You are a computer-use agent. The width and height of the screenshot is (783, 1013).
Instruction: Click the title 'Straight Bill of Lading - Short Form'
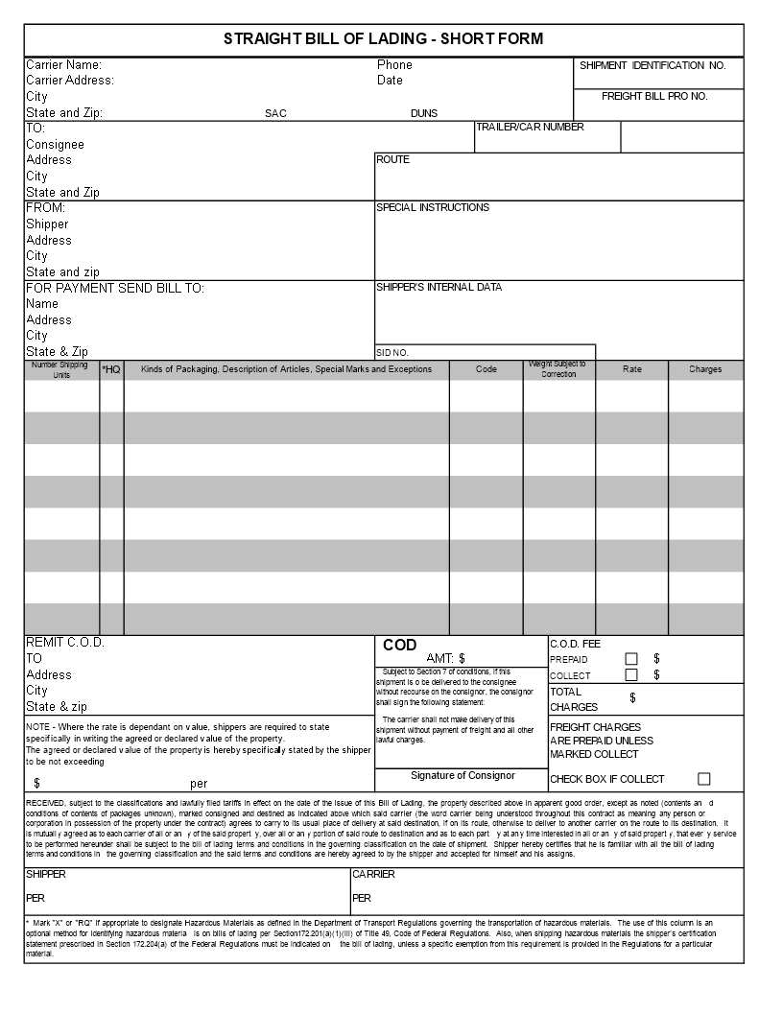point(384,39)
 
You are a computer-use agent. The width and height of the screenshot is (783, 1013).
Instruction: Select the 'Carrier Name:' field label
point(63,65)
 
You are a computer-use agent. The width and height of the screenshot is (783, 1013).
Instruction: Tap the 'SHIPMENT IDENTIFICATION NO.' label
point(652,65)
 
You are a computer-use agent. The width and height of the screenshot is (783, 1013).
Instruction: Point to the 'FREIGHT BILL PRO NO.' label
point(654,97)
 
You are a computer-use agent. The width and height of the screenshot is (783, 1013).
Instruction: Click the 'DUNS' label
point(424,113)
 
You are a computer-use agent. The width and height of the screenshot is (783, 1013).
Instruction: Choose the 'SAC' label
point(275,113)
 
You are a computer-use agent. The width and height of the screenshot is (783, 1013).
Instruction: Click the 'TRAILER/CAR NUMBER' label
point(530,128)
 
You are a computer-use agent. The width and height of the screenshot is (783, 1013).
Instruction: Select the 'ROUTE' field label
point(392,159)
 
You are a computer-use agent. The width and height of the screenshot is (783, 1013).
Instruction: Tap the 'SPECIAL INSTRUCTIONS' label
point(432,207)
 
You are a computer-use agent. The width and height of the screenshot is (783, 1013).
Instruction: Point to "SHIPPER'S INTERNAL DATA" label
point(439,287)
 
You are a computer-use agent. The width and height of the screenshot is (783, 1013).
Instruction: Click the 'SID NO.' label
point(392,353)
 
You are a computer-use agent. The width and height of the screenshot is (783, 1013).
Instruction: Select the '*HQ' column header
point(111,369)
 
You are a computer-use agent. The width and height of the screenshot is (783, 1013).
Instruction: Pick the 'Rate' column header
point(632,369)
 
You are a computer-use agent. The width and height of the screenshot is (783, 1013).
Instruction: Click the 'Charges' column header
point(705,369)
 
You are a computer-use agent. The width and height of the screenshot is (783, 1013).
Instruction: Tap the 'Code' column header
point(486,369)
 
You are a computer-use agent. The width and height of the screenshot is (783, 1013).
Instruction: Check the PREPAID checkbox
point(631,659)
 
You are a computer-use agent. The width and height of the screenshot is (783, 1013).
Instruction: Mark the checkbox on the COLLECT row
point(631,674)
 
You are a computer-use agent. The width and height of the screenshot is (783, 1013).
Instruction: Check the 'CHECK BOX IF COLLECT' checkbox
point(704,779)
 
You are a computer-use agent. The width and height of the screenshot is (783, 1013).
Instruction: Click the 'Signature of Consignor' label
point(463,775)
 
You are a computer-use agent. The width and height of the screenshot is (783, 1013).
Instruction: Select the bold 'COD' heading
point(400,646)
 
